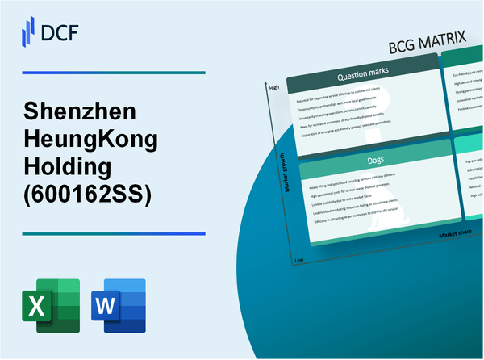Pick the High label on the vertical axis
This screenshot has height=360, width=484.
pos(274,87)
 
